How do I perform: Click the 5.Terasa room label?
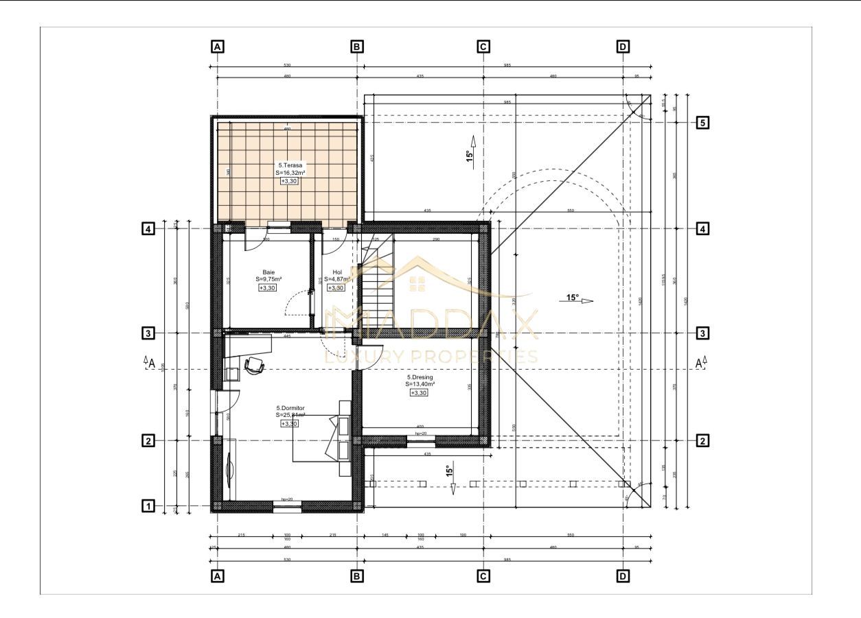pos(290,165)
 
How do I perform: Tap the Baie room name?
pos(268,272)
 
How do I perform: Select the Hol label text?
pos(336,272)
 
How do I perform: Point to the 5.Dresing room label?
pos(420,377)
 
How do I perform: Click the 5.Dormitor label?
pos(290,407)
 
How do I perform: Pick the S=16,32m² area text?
pos(290,173)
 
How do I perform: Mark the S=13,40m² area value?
pos(420,385)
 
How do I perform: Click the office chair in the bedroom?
pos(254,366)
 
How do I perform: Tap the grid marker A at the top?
pos(218,47)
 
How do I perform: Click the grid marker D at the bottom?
pos(623,576)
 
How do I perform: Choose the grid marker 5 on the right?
pos(702,123)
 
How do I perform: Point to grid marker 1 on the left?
pos(147,506)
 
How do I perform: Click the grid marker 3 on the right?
pos(702,333)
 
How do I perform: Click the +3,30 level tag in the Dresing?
pos(419,393)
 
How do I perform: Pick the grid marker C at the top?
pos(483,47)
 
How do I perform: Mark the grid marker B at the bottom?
pos(357,576)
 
